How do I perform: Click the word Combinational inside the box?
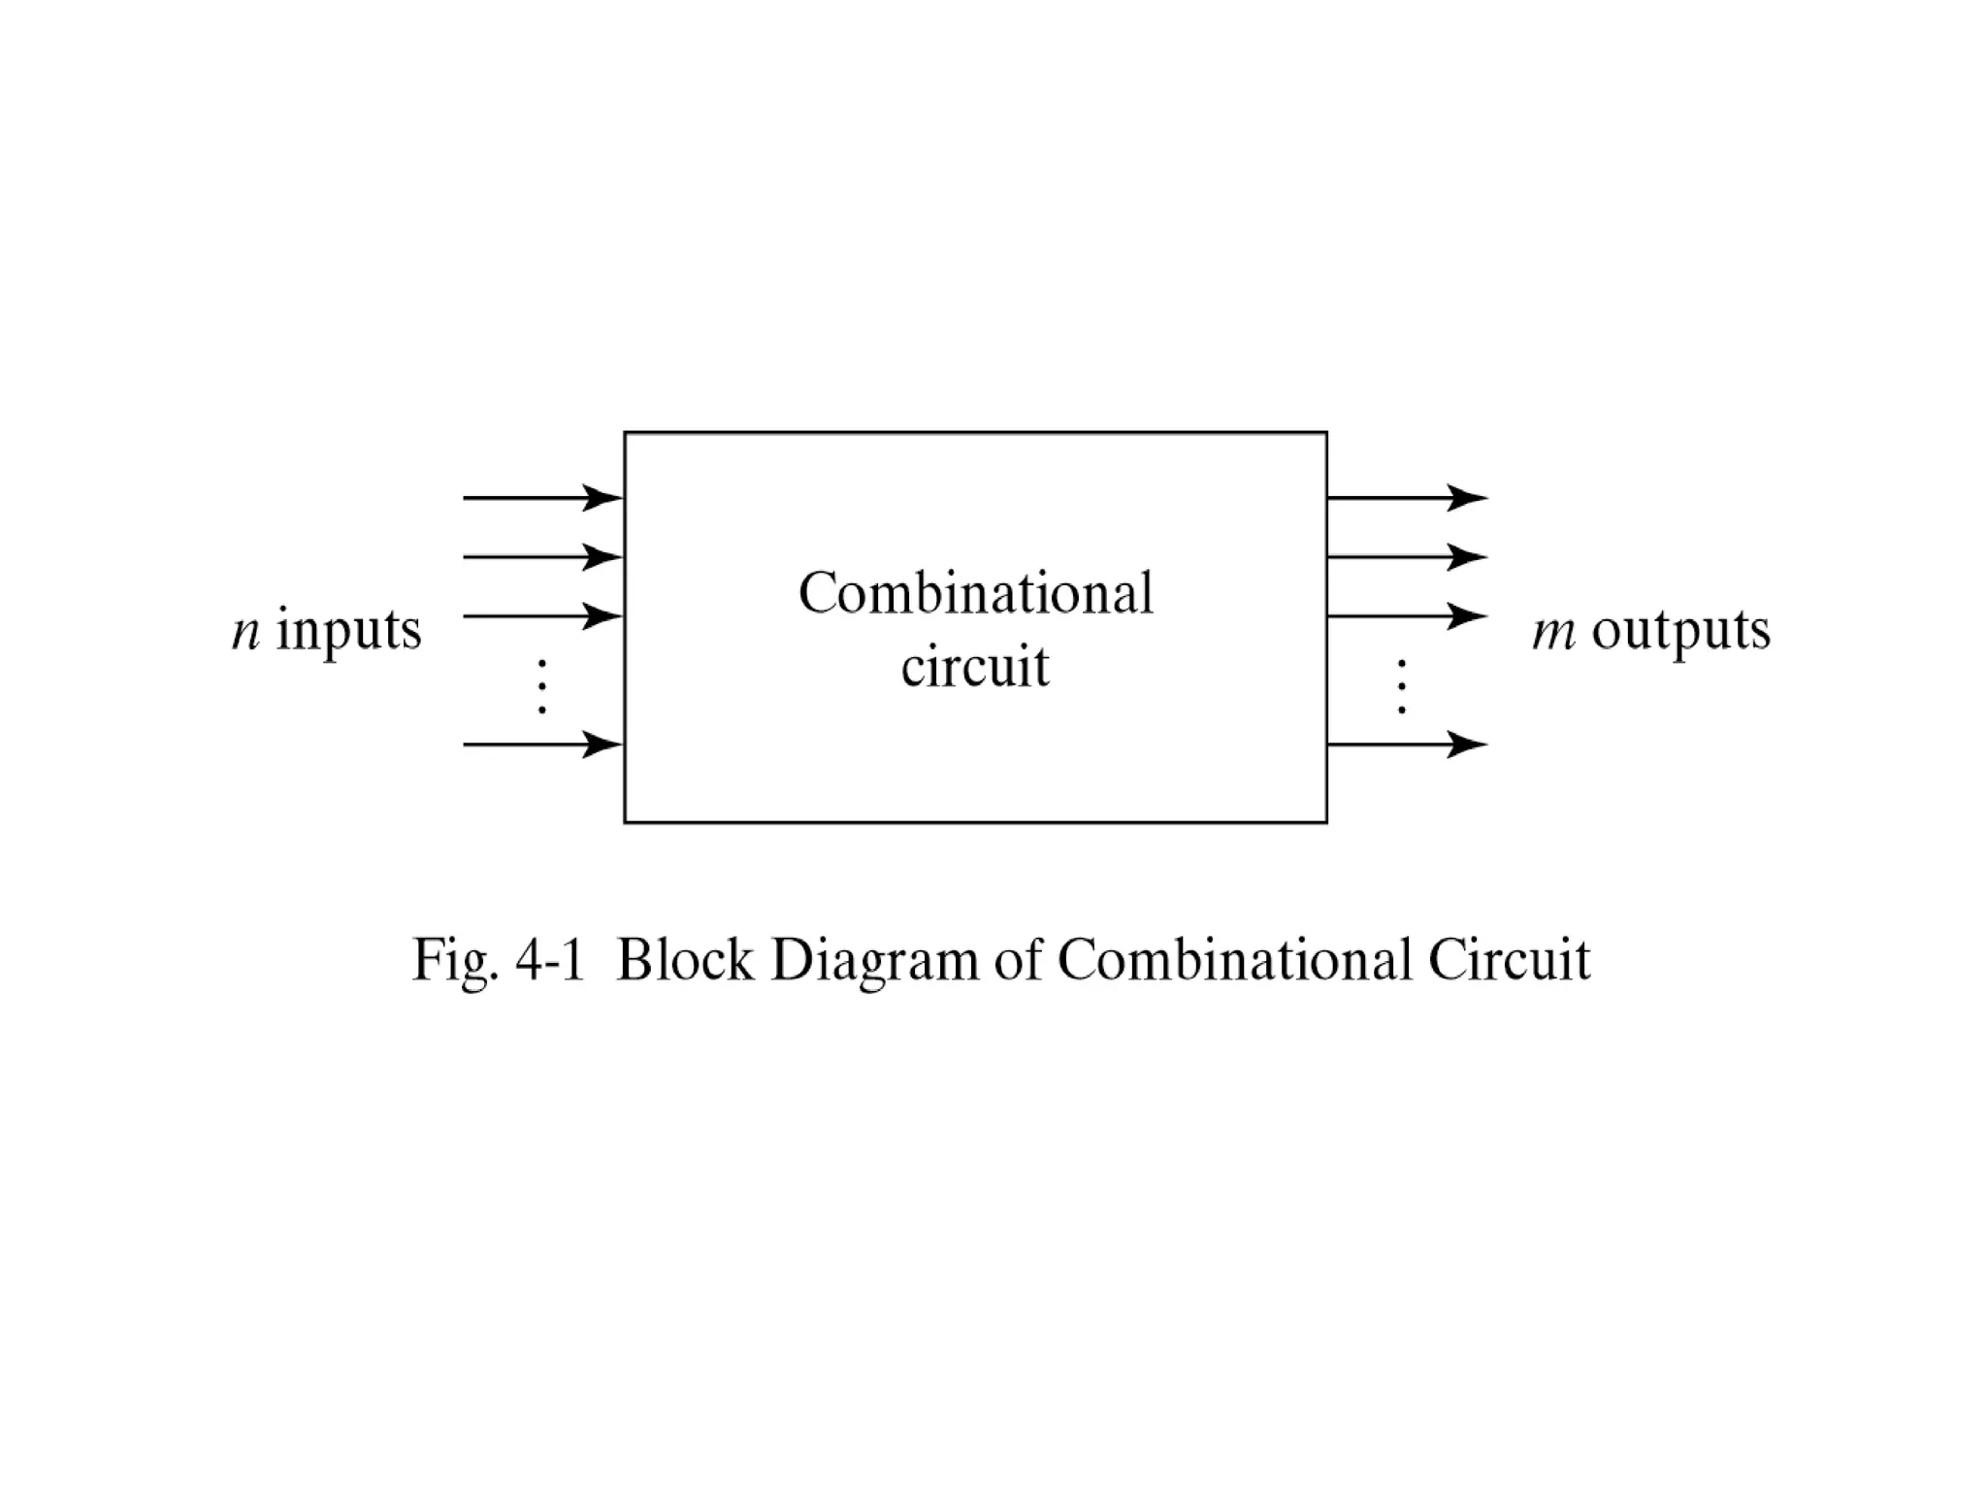click(975, 593)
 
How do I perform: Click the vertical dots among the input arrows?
click(542, 686)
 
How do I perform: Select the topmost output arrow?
click(1406, 498)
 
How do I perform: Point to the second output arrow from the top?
click(1406, 557)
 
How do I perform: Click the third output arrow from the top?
click(1406, 615)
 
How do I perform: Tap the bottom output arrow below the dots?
click(1406, 745)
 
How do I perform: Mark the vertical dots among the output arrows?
click(1401, 686)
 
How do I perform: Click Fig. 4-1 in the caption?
click(499, 961)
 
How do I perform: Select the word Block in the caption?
click(685, 961)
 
